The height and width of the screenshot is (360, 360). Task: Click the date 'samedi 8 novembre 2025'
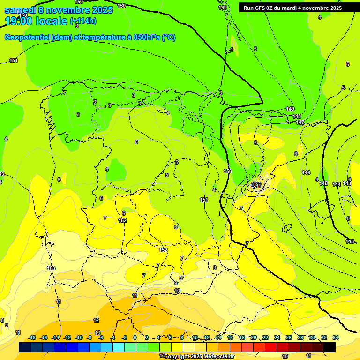point(59,10)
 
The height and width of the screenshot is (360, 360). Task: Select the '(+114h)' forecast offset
point(83,21)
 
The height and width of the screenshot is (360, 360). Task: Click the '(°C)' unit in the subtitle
point(169,37)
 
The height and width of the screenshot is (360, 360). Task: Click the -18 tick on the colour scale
point(32,337)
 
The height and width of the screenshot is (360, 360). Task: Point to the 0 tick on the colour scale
point(135,337)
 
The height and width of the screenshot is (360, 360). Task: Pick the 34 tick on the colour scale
point(336,337)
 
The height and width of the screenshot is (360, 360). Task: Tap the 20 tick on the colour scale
point(254,337)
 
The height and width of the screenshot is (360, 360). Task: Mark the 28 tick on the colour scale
point(300,337)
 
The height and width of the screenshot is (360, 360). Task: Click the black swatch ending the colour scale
point(330,347)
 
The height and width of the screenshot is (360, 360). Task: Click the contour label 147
point(300,122)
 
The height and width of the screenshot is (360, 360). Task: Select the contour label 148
point(297,116)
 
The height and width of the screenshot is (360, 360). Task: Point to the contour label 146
point(306,172)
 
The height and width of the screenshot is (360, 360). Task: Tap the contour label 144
point(337,184)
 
